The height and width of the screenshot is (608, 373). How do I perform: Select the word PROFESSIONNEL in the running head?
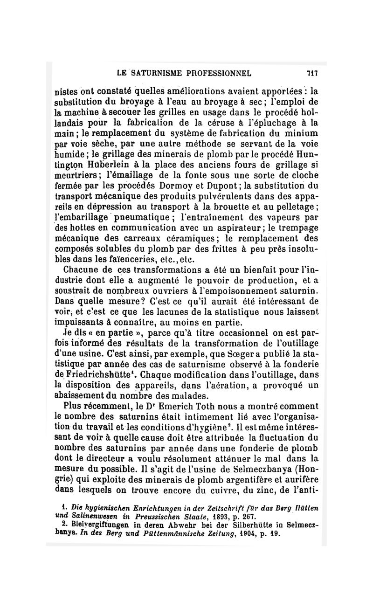[x=220, y=73]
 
